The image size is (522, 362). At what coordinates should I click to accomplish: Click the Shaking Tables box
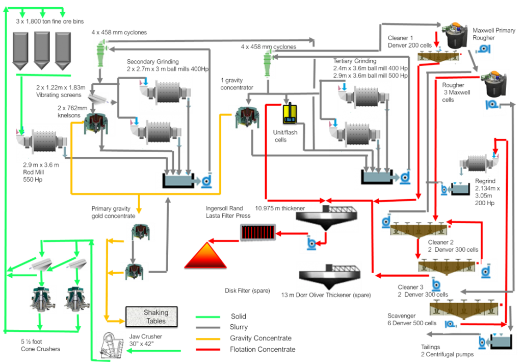tap(151, 317)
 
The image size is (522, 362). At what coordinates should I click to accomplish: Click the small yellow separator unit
tap(290, 114)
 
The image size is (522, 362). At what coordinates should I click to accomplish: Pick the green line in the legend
tap(208, 317)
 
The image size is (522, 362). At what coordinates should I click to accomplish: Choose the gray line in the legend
tap(208, 328)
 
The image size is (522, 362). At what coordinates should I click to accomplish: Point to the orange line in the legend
tap(208, 339)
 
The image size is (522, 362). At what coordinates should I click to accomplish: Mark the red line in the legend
tap(208, 350)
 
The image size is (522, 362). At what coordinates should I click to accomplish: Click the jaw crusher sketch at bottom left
tap(111, 346)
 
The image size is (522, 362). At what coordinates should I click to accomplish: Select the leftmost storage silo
tap(20, 50)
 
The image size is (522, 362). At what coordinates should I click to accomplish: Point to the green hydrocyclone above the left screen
tap(100, 53)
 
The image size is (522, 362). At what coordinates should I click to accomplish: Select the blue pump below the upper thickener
tap(310, 244)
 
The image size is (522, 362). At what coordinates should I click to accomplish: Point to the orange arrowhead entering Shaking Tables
tap(122, 321)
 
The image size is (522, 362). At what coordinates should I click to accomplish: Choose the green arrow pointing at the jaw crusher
tap(129, 350)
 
